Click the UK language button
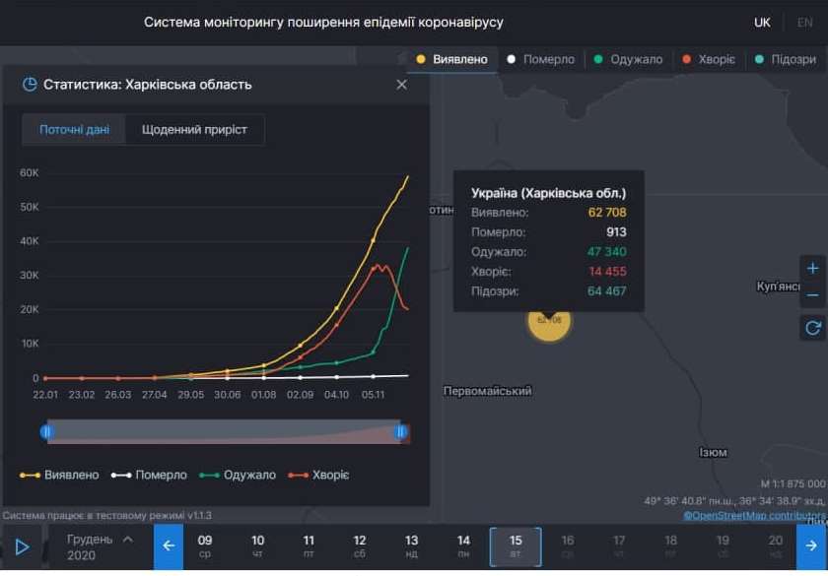click(x=762, y=22)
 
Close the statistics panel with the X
click(x=401, y=85)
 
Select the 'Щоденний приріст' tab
click(x=194, y=130)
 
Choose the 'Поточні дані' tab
click(x=75, y=130)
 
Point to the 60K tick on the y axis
click(x=29, y=173)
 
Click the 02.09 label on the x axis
click(x=300, y=394)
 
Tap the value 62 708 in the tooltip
click(x=606, y=213)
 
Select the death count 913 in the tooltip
click(x=615, y=232)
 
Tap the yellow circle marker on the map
click(x=549, y=320)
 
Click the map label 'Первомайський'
click(x=488, y=391)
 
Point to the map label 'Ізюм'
click(x=713, y=453)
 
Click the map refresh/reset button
click(x=813, y=328)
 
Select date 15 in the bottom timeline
click(x=516, y=546)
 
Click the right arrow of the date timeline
click(x=812, y=546)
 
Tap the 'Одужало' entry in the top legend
click(x=630, y=59)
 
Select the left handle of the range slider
click(x=46, y=431)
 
